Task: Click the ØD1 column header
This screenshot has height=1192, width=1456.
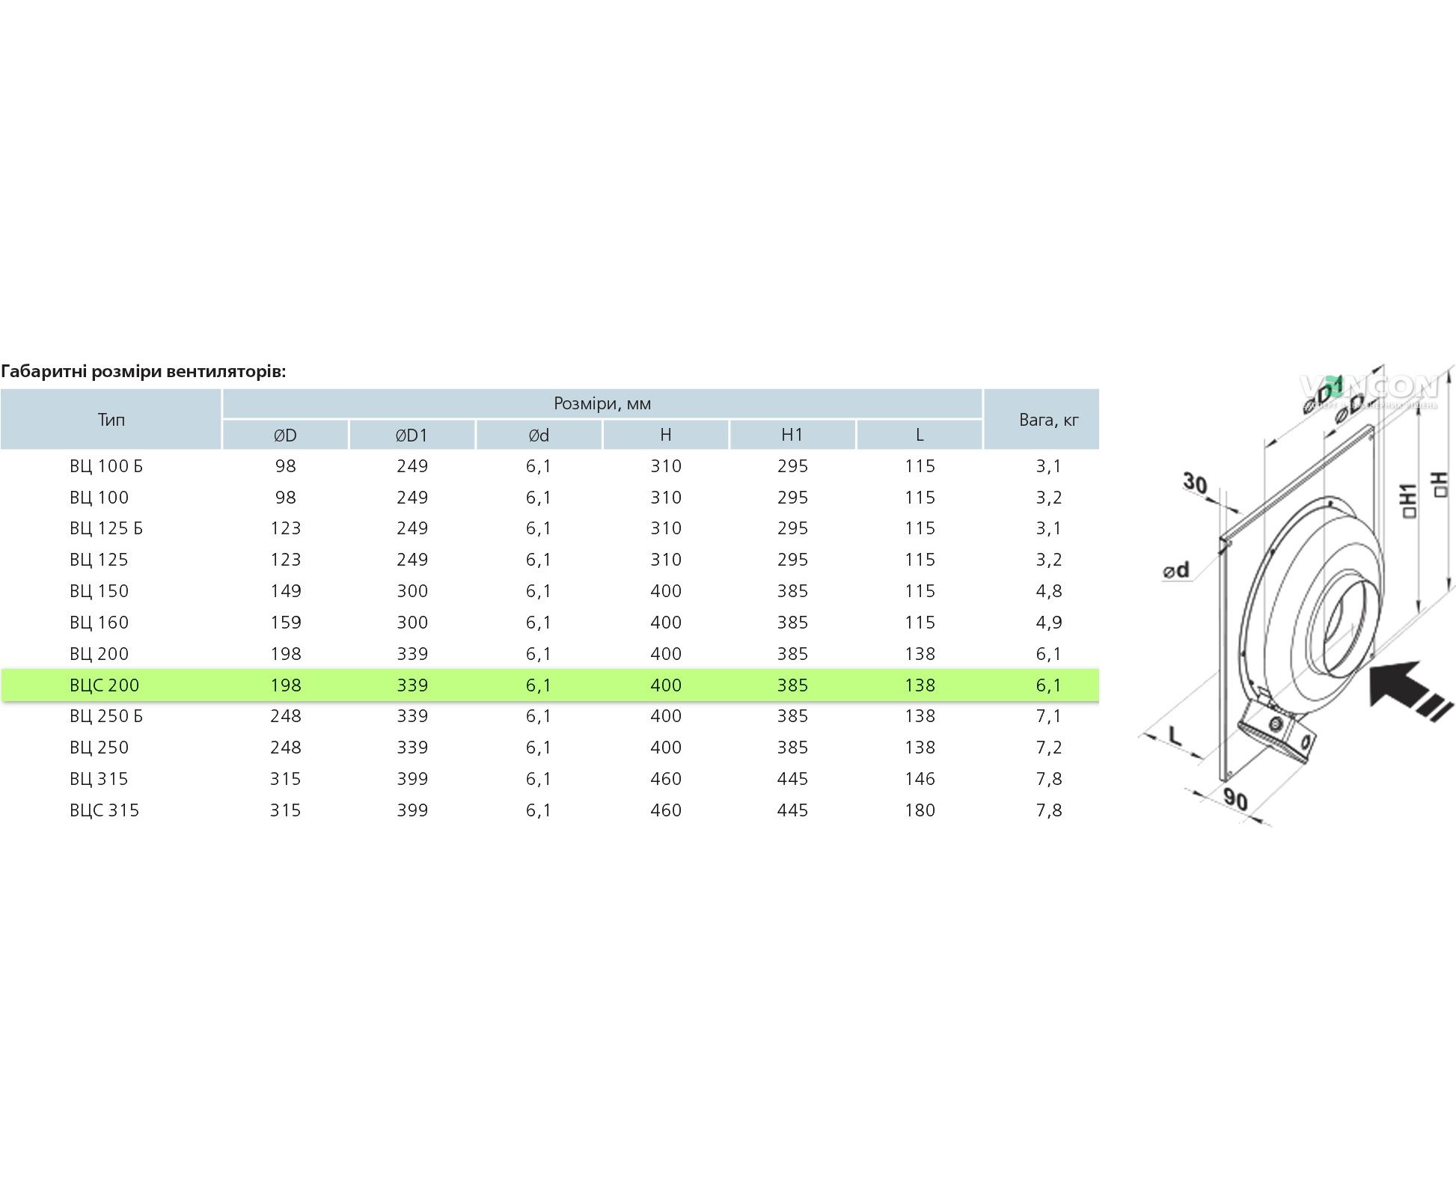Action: point(412,435)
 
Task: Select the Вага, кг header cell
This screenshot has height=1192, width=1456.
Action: point(1048,420)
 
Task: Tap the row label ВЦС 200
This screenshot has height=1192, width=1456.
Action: point(104,685)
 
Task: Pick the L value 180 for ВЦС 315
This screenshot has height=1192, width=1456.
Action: point(920,810)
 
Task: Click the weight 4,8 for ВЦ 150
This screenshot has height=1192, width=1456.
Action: point(1049,591)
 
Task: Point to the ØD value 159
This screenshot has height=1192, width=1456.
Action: point(285,622)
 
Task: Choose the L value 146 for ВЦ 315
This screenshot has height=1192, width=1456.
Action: point(920,778)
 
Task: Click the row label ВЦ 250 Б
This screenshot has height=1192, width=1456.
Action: point(106,716)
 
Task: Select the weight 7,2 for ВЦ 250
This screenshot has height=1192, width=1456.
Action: point(1049,748)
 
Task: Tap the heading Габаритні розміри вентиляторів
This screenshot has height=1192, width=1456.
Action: point(144,371)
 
